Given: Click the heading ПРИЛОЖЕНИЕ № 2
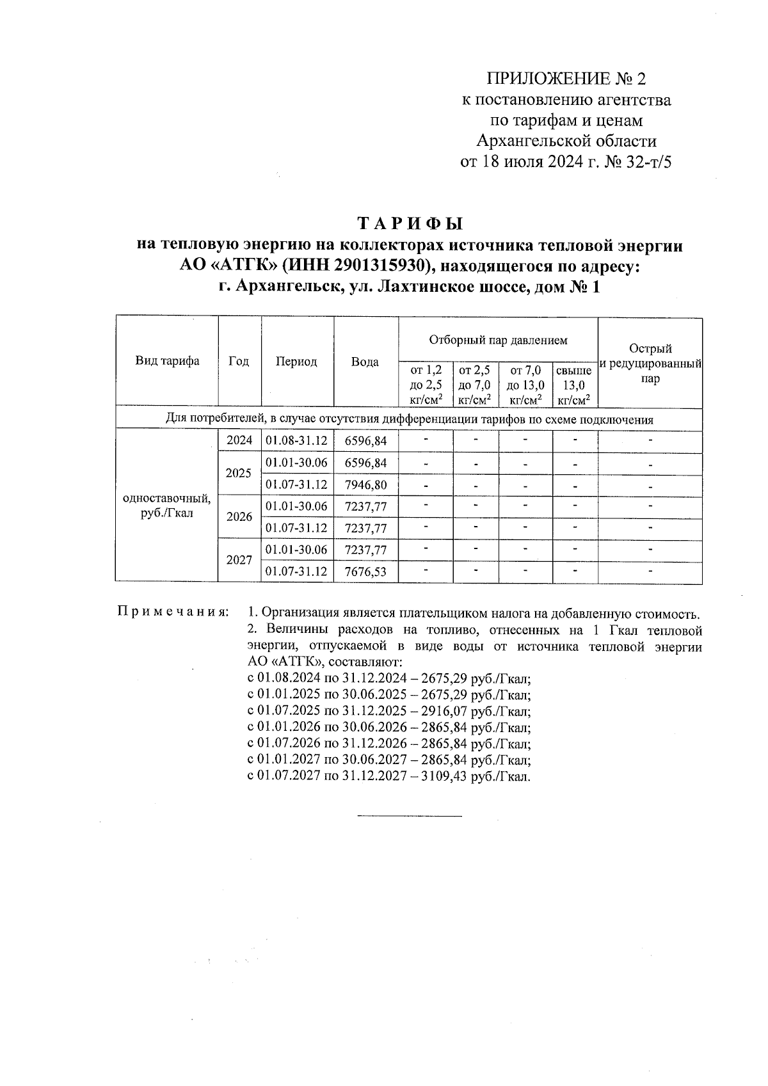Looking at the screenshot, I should click(566, 79).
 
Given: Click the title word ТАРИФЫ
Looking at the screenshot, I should click(410, 224).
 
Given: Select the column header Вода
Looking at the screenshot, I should click(365, 362).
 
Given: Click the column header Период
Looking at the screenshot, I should click(296, 362).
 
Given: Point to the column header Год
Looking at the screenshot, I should click(239, 362).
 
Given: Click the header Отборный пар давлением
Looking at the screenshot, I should click(498, 340).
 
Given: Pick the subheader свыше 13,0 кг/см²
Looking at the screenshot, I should click(574, 385).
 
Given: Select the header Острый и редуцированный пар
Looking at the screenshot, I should click(650, 363).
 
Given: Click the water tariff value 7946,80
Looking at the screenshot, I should click(365, 484).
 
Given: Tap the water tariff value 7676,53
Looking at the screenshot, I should click(365, 571).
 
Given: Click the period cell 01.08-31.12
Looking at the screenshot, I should click(296, 440).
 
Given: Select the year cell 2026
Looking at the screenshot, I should click(239, 516).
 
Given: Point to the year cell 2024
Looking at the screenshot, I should click(239, 440).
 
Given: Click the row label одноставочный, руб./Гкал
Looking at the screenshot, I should click(166, 506).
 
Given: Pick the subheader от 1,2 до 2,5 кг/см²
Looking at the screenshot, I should click(426, 385).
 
